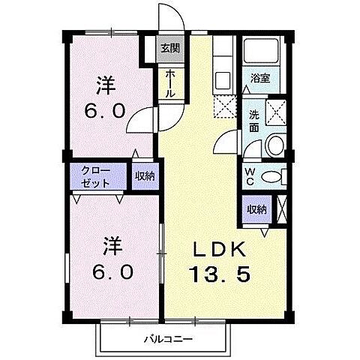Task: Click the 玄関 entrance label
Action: (x=169, y=49)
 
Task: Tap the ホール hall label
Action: (x=170, y=84)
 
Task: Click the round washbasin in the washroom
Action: (x=275, y=145)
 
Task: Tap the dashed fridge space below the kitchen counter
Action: (x=223, y=107)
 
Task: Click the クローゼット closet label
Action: (x=97, y=176)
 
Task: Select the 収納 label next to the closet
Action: (x=145, y=176)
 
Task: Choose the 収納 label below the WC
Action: (x=256, y=209)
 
